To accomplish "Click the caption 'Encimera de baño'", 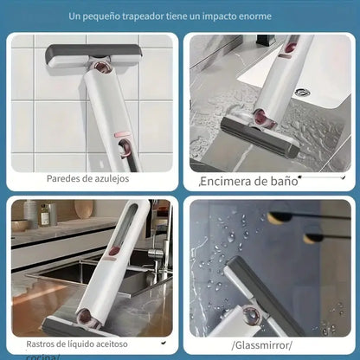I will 249,181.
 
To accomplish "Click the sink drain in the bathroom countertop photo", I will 301,93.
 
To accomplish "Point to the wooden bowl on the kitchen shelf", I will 84,209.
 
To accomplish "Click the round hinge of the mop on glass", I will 251,315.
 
